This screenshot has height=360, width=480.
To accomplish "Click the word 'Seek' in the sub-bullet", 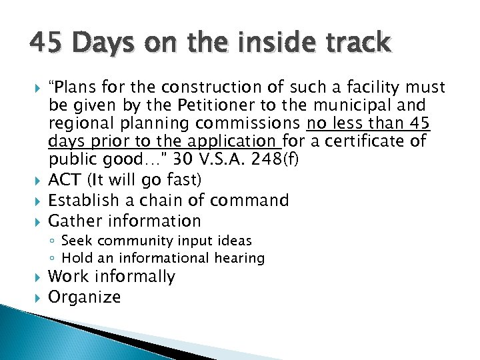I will [73, 241].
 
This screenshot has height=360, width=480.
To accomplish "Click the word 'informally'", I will [135, 277].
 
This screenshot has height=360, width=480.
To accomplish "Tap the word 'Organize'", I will [85, 297].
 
